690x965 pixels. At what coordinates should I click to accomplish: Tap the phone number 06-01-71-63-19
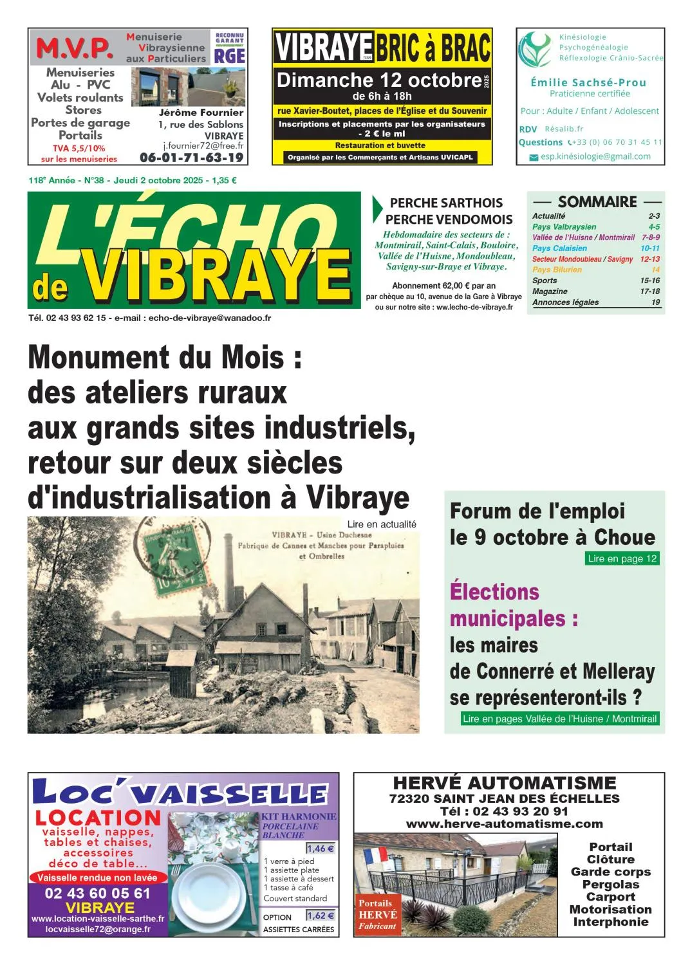[x=192, y=158]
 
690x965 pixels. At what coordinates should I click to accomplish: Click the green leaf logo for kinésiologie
[x=534, y=50]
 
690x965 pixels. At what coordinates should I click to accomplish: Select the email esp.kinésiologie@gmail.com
[x=595, y=156]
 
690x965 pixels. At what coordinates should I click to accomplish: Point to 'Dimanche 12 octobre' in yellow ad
[x=379, y=80]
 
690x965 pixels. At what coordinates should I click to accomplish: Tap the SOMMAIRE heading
[x=597, y=202]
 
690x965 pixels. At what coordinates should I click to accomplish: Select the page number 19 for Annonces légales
[x=655, y=302]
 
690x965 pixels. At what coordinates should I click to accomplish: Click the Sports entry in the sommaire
[x=545, y=280]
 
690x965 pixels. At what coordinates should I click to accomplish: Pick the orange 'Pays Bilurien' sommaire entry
[x=557, y=270]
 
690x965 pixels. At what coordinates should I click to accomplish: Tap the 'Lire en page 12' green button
[x=622, y=558]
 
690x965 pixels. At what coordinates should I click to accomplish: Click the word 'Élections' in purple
[x=494, y=591]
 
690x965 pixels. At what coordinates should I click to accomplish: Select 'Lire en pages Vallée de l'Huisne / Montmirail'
[x=559, y=719]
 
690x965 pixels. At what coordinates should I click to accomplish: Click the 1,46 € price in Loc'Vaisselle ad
[x=320, y=849]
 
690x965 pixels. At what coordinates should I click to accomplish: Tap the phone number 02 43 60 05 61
[x=97, y=893]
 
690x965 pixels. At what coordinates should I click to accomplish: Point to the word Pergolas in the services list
[x=610, y=885]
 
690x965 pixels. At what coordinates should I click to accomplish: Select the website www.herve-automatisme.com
[x=504, y=824]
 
